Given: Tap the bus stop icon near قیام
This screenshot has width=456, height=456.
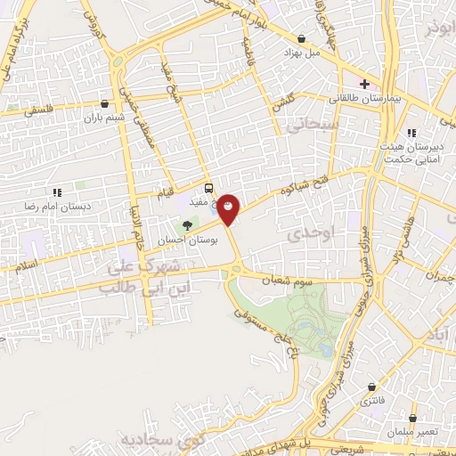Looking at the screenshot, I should tap(208, 188).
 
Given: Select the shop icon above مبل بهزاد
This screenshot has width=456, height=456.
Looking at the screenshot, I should tap(304, 39).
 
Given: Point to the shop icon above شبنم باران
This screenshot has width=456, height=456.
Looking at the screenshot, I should tap(105, 103).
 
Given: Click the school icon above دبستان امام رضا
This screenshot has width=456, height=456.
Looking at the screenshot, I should tap(57, 191).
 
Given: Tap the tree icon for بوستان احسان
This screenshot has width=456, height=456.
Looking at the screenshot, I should tap(187, 226).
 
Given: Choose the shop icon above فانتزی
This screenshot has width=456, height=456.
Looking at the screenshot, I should tap(371, 388).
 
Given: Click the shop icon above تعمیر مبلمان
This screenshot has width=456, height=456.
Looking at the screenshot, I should tap(411, 418).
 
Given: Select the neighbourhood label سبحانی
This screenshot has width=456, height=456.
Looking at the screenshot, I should tap(308, 126).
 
